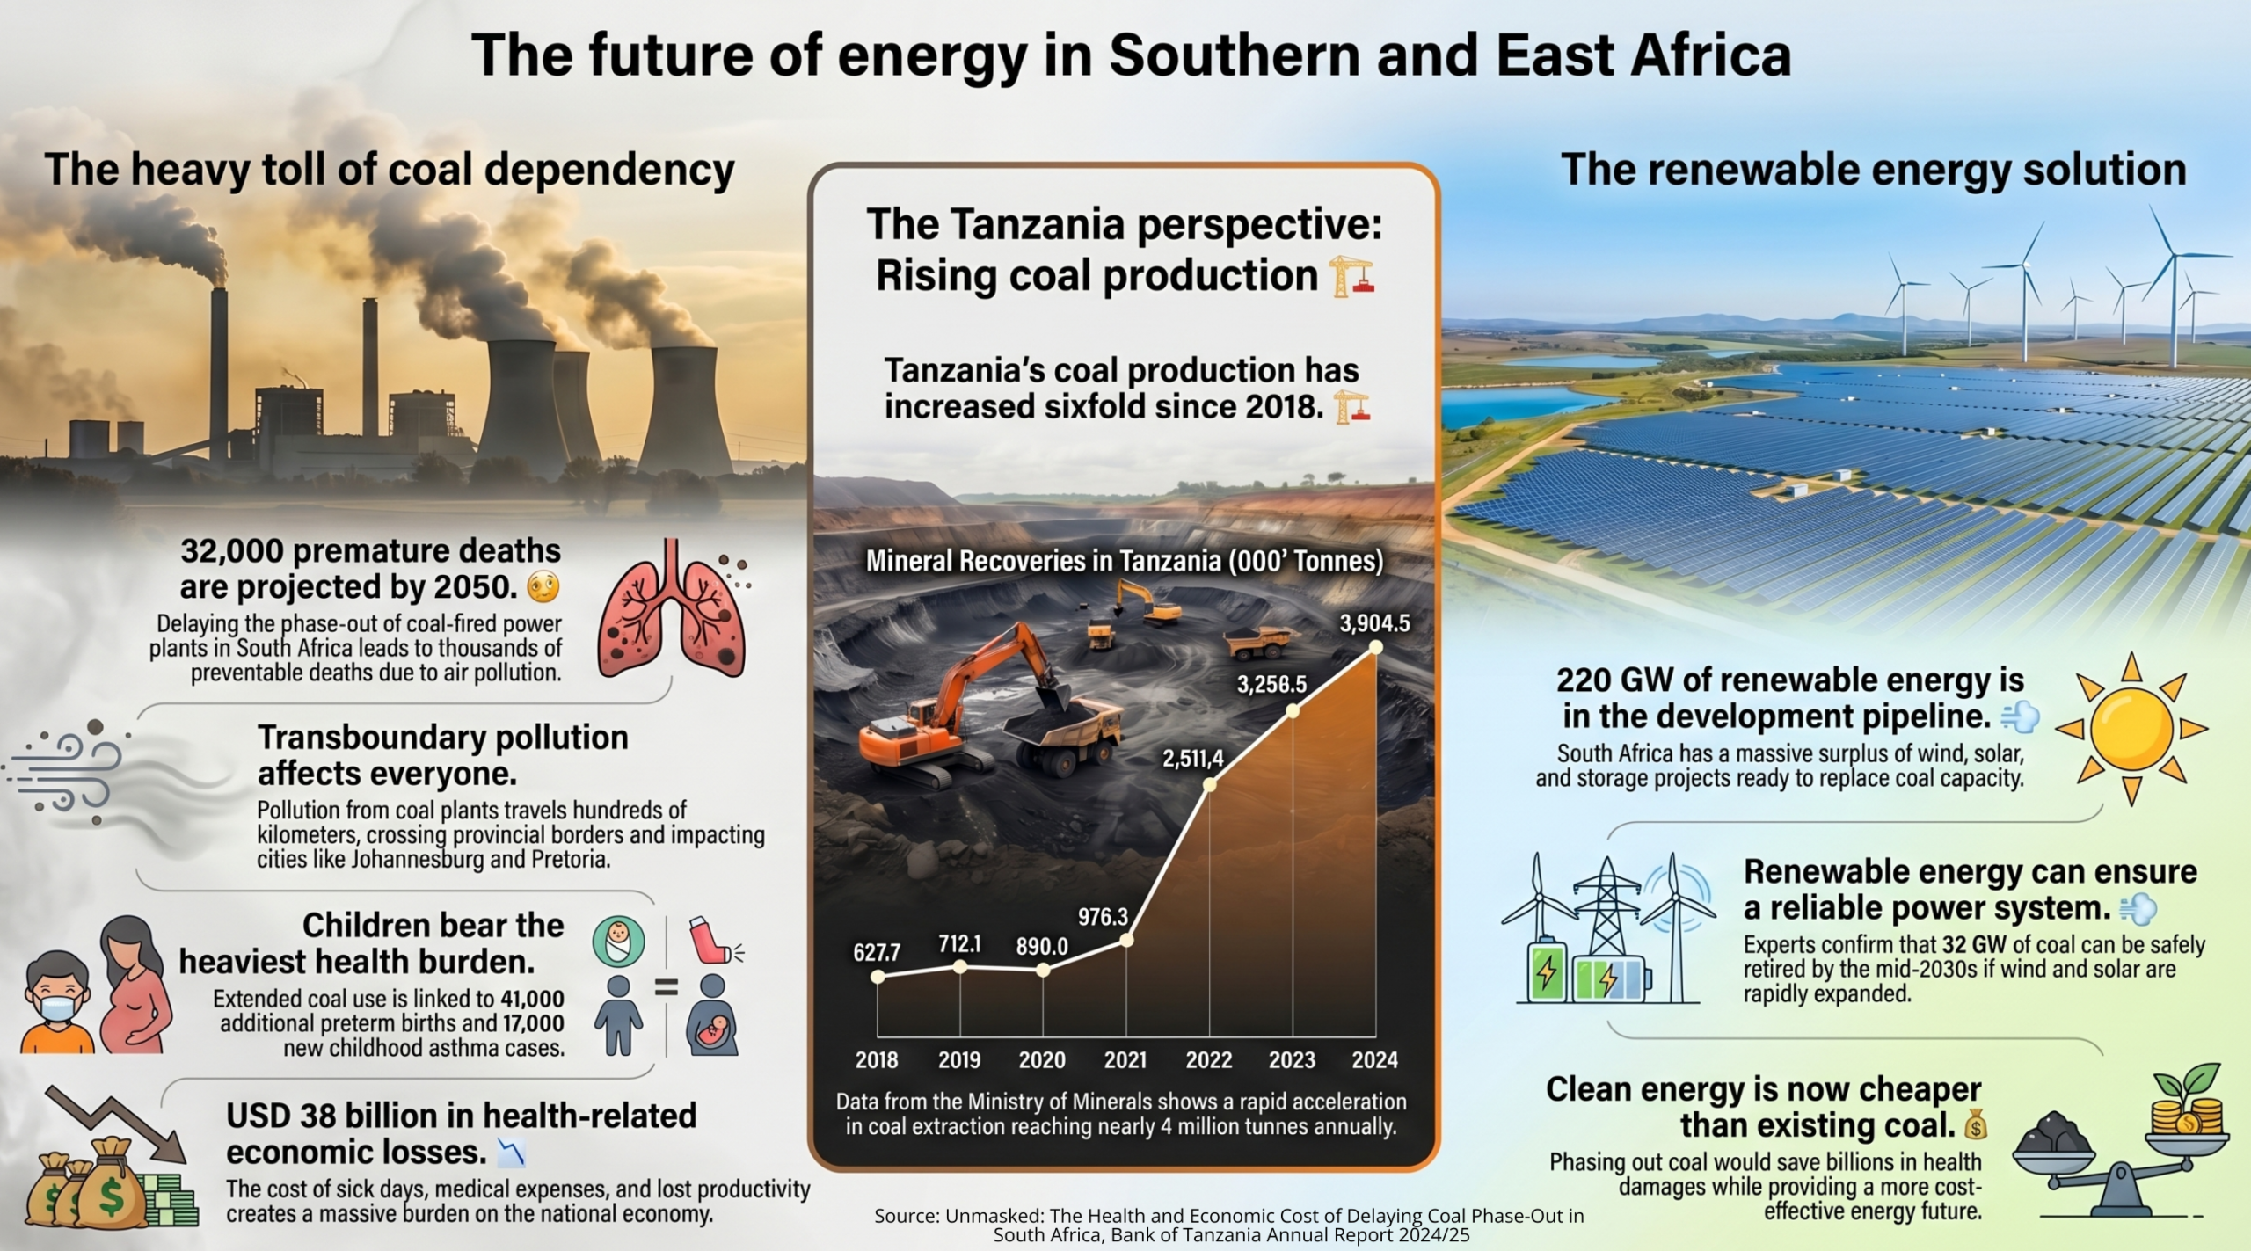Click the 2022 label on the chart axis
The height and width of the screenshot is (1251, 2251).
[x=1209, y=1060]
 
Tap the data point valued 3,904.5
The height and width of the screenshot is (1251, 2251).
[x=1376, y=647]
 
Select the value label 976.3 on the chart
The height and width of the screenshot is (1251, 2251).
[x=1103, y=917]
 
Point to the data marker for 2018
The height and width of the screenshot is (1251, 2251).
[x=878, y=977]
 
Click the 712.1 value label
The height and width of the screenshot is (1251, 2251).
[x=959, y=944]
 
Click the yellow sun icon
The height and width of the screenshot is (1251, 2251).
[x=2132, y=729]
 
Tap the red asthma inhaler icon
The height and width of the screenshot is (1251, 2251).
[x=714, y=940]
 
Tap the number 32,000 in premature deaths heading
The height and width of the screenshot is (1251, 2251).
[x=232, y=551]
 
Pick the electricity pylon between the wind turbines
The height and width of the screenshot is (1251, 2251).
[x=1606, y=914]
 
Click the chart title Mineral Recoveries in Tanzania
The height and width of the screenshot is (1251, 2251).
[x=1125, y=561]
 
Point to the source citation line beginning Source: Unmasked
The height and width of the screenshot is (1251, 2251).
[x=1229, y=1226]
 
